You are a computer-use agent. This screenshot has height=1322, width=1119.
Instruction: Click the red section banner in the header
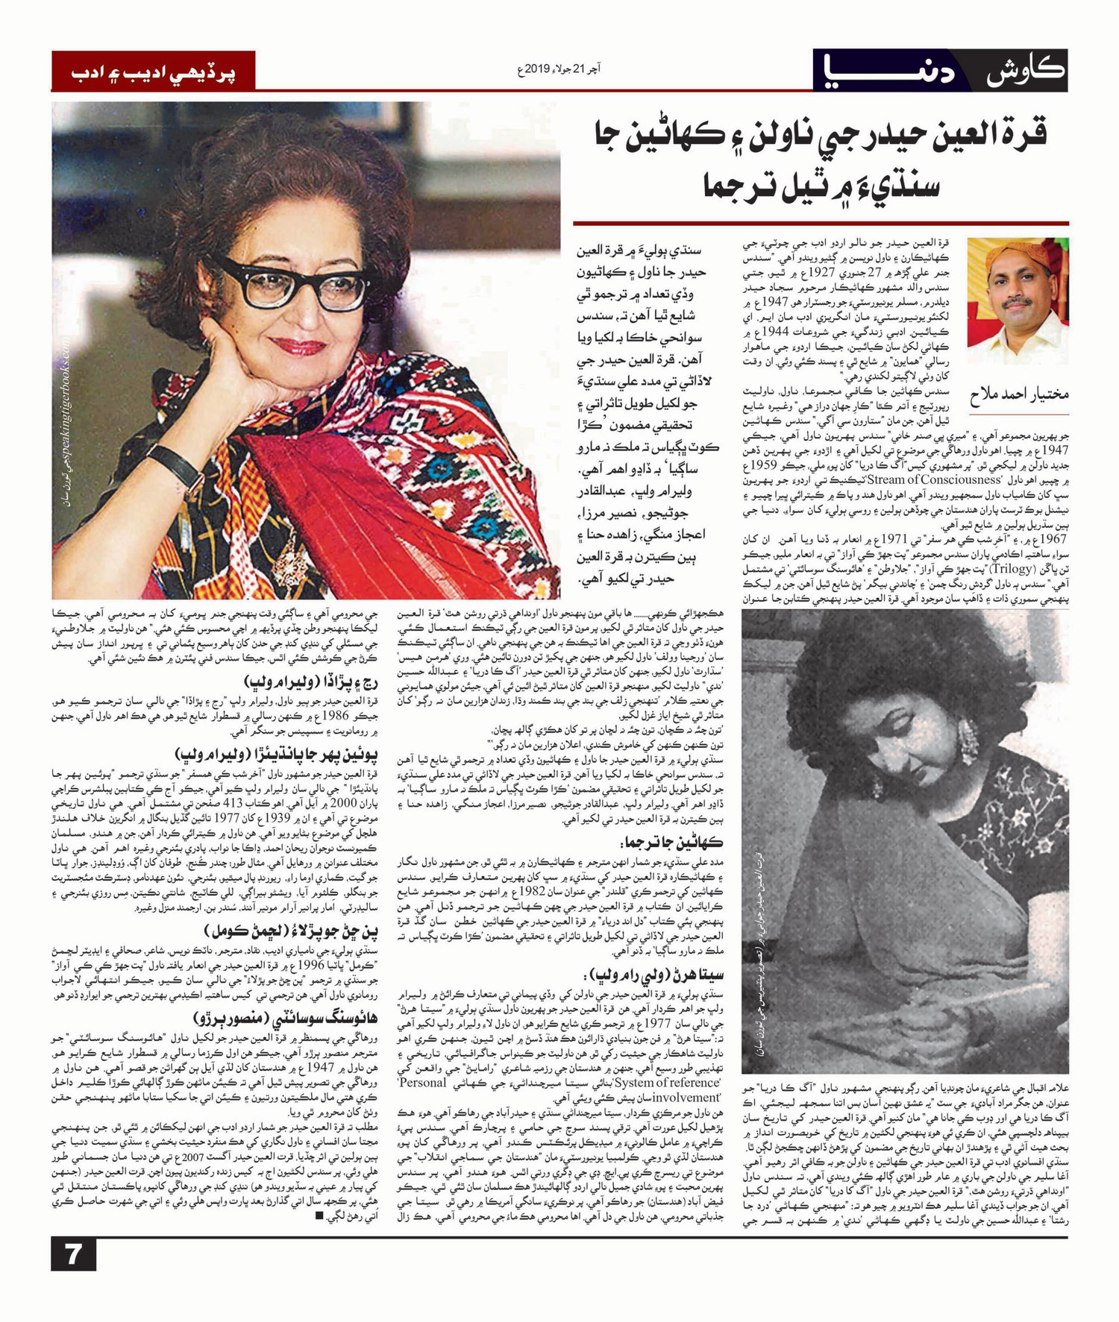(x=153, y=72)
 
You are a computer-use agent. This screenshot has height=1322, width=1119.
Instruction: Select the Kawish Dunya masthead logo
(x=940, y=71)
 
